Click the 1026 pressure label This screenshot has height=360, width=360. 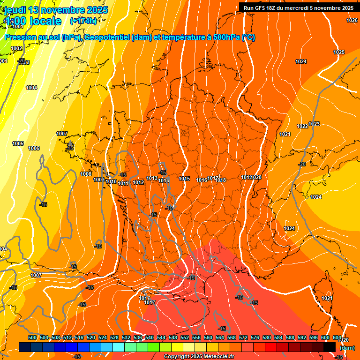[352, 20]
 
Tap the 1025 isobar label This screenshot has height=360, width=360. [339, 52]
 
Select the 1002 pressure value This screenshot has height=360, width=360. [16, 48]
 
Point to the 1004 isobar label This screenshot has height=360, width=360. [31, 88]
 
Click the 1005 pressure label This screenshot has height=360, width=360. [18, 143]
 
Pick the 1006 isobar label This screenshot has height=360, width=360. [34, 148]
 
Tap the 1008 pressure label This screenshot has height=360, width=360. [86, 174]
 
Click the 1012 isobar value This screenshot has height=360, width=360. [138, 182]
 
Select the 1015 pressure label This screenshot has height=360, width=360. [184, 179]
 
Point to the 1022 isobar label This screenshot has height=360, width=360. [302, 126]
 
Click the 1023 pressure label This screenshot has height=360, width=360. [315, 124]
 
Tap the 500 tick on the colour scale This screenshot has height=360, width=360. [32, 337]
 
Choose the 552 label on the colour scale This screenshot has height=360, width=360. [185, 337]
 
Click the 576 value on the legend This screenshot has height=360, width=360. [255, 337]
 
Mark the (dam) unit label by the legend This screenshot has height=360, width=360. [347, 347]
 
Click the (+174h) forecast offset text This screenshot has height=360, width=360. [83, 21]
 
